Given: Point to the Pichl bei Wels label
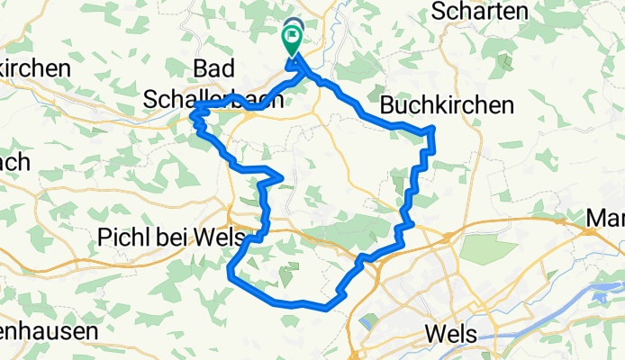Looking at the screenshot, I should (x=159, y=238).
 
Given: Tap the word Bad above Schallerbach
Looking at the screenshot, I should (x=215, y=68).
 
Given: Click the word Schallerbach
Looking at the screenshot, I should (x=213, y=102).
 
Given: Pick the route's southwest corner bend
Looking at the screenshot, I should (x=232, y=274).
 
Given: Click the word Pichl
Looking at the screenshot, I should (x=120, y=238).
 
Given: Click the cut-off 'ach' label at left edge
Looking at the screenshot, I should (x=15, y=162).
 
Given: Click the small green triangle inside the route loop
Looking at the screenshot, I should (x=285, y=275).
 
